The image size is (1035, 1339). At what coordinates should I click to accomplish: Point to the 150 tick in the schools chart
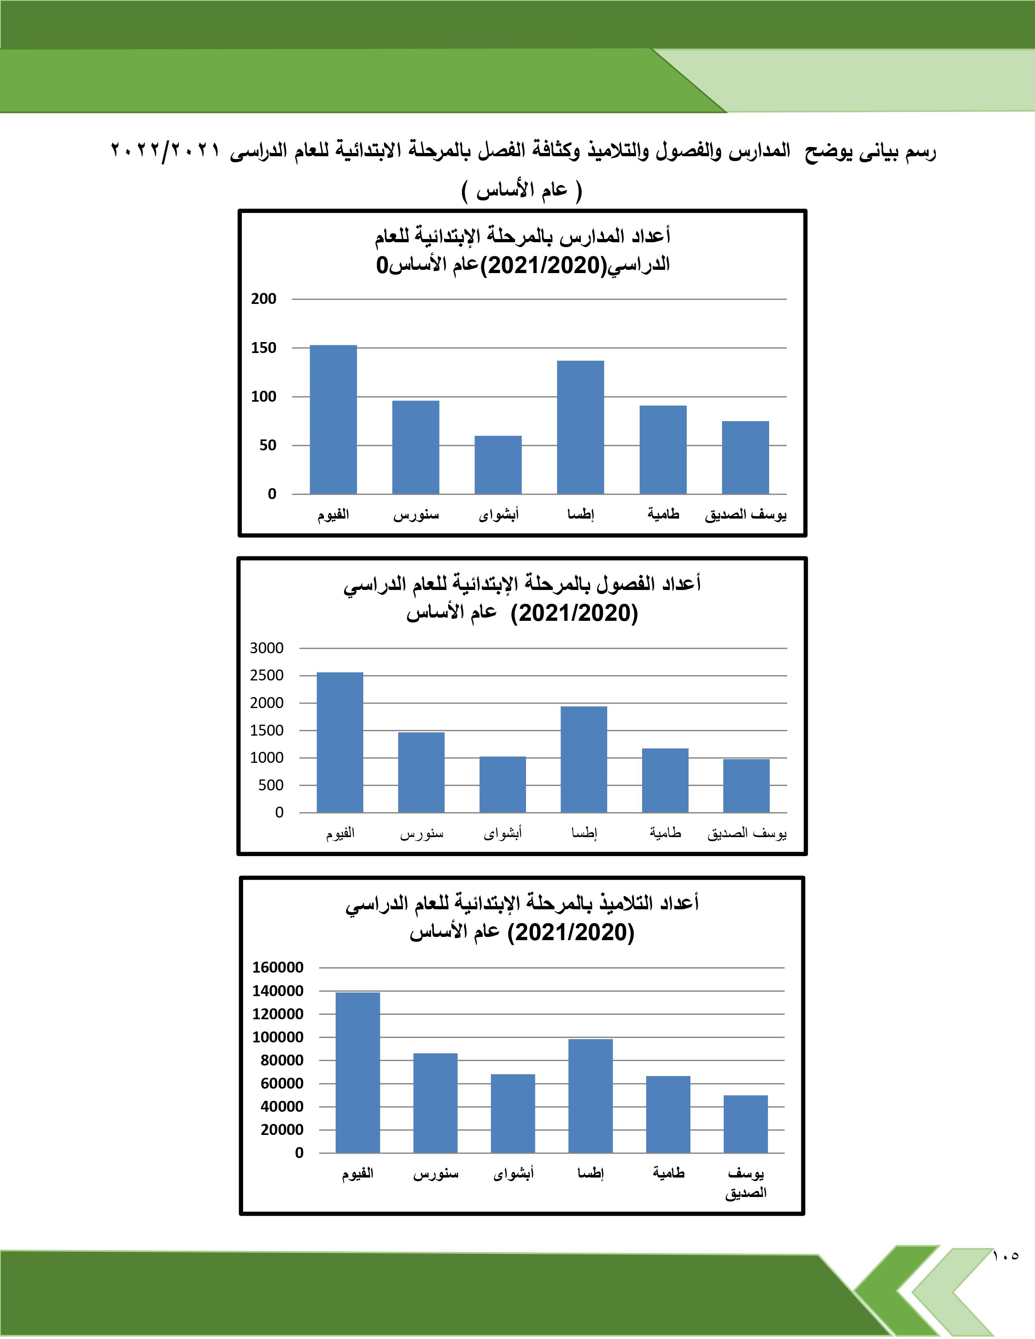pyautogui.click(x=264, y=348)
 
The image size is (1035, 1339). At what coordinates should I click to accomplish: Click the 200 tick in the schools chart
pyautogui.click(x=264, y=299)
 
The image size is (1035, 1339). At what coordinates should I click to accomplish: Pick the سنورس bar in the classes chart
pyautogui.click(x=421, y=773)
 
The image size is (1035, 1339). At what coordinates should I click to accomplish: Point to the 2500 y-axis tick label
pyautogui.click(x=267, y=676)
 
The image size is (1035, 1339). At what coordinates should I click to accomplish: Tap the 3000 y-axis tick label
pyautogui.click(x=267, y=648)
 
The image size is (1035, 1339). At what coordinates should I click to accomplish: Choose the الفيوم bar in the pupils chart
pyautogui.click(x=358, y=1072)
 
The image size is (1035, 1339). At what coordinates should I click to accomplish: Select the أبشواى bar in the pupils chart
pyautogui.click(x=513, y=1113)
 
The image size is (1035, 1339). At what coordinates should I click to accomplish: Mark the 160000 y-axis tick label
pyautogui.click(x=278, y=967)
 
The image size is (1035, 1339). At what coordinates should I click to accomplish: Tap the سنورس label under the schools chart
pyautogui.click(x=416, y=515)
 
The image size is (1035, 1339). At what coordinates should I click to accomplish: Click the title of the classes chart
pyautogui.click(x=522, y=598)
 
